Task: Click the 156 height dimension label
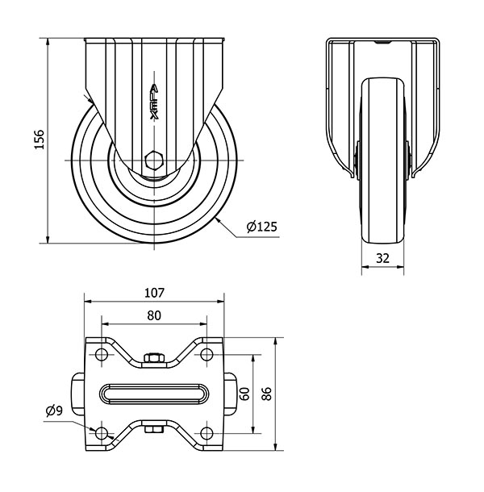coord(40,139)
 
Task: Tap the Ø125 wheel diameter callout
coord(262,227)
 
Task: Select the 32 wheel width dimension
coord(382,258)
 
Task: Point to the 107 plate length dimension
coord(154,293)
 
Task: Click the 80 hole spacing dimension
coord(154,315)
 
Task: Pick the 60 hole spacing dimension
coord(245,394)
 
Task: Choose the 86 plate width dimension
coord(266,394)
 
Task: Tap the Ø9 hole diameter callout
coord(55,411)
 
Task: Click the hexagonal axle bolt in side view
coord(154,161)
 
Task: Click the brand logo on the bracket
coord(154,102)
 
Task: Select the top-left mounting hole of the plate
coord(102,355)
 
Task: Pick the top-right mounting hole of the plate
coord(207,355)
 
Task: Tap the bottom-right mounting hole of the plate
coord(207,433)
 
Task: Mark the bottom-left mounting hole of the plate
coord(102,433)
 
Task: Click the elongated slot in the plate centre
coord(154,394)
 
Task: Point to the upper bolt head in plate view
coord(154,358)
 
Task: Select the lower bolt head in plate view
coord(154,429)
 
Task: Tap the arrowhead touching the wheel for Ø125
coord(219,221)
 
